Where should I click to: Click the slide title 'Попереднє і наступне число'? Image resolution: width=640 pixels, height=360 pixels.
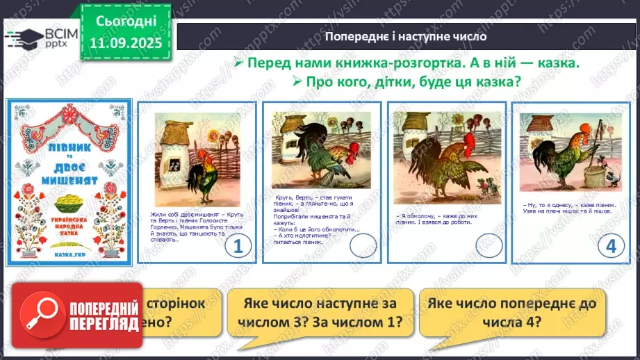pyautogui.click(x=407, y=36)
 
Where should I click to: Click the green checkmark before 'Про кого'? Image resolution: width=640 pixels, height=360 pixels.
pyautogui.click(x=297, y=81)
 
